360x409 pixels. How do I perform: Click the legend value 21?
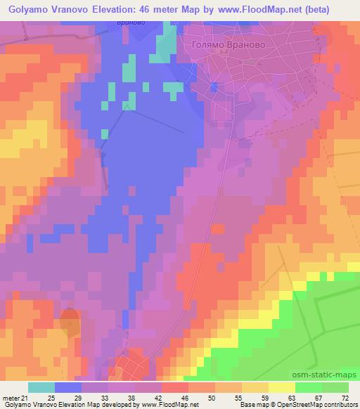(31, 398)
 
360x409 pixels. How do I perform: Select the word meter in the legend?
(13, 398)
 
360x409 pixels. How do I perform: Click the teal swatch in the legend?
(41, 388)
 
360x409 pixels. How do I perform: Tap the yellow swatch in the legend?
(282, 388)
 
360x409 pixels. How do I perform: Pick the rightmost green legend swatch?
(335, 388)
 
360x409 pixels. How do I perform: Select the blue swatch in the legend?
(68, 388)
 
